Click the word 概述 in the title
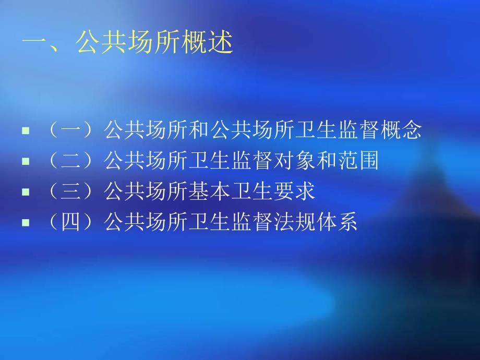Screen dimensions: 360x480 coord(207,43)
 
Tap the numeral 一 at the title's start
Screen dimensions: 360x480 coord(34,43)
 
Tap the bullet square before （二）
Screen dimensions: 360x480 coord(25,162)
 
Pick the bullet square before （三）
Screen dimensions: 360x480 coord(25,192)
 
